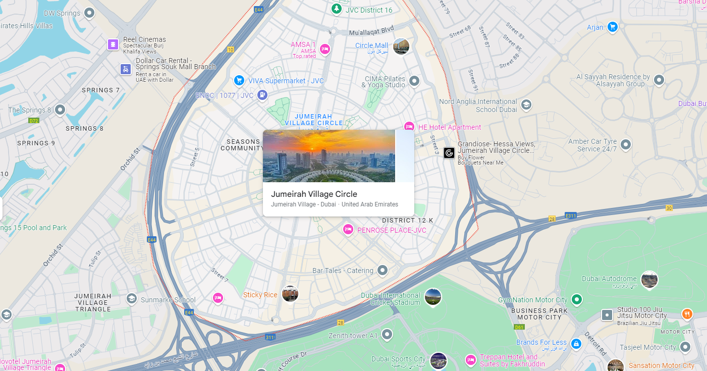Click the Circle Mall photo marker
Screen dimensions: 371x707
click(x=401, y=46)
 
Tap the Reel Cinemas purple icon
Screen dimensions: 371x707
click(x=113, y=44)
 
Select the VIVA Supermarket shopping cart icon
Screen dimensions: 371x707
click(x=239, y=80)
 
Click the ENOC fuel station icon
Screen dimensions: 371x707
click(x=262, y=94)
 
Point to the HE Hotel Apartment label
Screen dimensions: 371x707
click(x=449, y=127)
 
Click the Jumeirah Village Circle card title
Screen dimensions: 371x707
click(x=314, y=194)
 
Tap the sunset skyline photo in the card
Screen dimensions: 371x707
click(x=329, y=156)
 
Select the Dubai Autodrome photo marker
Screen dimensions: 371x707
click(x=649, y=279)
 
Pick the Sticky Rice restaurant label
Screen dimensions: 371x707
click(x=260, y=295)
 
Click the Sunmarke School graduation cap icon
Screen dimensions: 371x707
click(x=132, y=299)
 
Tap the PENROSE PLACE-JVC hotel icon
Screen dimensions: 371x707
click(x=348, y=230)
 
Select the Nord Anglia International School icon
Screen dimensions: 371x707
click(x=526, y=105)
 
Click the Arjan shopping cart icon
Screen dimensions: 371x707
click(x=612, y=27)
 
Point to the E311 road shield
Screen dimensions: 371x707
click(x=570, y=215)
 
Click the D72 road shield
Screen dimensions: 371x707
click(x=34, y=121)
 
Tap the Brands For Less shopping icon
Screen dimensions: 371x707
click(x=576, y=343)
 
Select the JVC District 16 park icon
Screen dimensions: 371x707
click(x=336, y=9)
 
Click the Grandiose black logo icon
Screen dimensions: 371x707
click(x=449, y=153)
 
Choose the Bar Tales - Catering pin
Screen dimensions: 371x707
click(x=383, y=271)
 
